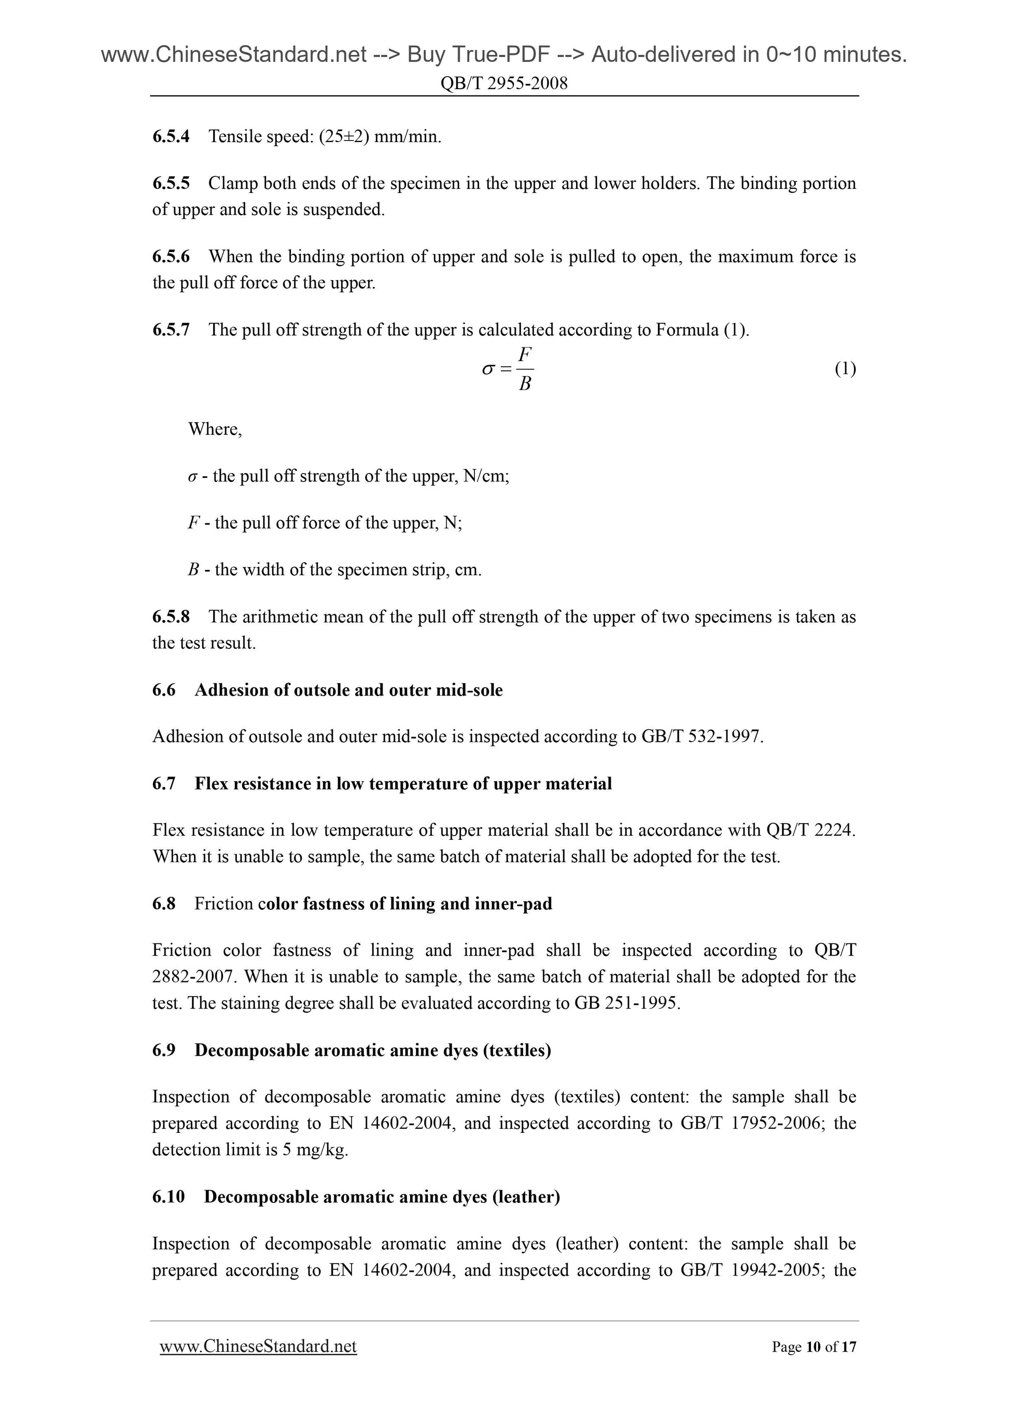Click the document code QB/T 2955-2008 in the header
pos(503,84)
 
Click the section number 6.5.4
pos(171,136)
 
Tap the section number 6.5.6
pos(171,256)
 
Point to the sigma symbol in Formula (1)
pos(488,369)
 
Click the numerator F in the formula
pos(525,354)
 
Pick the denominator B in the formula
pos(525,384)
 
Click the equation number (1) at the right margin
pos(845,369)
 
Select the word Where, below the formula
pos(215,429)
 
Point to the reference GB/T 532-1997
pos(700,737)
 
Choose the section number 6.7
pos(163,784)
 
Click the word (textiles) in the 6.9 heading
pos(521,1050)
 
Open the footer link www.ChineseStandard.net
pos(258,1347)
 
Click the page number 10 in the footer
pos(812,1347)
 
